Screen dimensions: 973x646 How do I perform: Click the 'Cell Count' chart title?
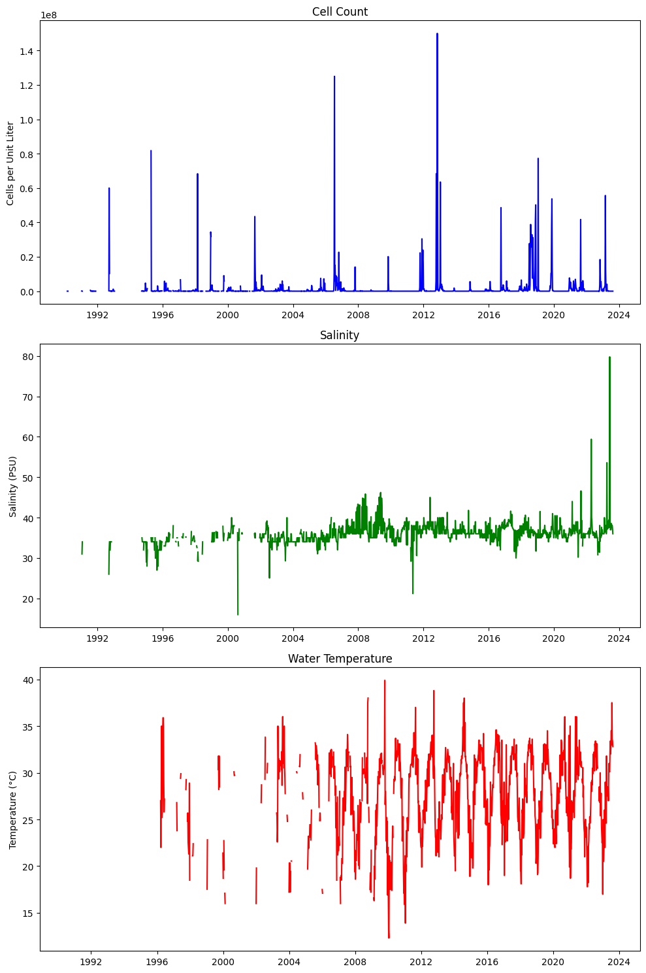[x=340, y=12]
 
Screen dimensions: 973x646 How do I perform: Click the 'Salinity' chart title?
[x=340, y=335]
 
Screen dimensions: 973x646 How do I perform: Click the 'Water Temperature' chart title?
[x=340, y=659]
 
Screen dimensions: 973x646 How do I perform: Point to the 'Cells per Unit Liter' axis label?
[x=10, y=163]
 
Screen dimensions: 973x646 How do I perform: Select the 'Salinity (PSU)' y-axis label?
[x=13, y=487]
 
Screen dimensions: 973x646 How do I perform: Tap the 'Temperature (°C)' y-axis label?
[x=13, y=810]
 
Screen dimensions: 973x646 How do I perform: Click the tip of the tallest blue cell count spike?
[x=437, y=34]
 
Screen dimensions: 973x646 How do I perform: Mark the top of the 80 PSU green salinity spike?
[x=609, y=357]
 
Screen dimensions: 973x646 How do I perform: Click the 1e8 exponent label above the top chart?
[x=48, y=15]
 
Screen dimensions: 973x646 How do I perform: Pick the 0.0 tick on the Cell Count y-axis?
[x=27, y=291]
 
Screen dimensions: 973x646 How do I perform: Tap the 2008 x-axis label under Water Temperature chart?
[x=355, y=962]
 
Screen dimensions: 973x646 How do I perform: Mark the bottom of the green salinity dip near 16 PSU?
[x=238, y=614]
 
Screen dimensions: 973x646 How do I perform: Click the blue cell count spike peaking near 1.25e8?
[x=334, y=77]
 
